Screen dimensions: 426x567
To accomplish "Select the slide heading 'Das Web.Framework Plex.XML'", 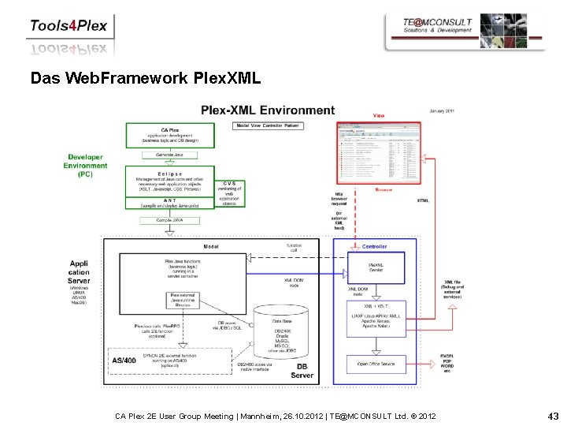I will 144,79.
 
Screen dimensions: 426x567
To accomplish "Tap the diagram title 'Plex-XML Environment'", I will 268,111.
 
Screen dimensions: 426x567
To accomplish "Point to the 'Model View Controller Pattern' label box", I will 269,125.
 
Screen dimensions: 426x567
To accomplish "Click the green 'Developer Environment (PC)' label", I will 86,166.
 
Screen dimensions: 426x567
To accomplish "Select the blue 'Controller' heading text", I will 374,247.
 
